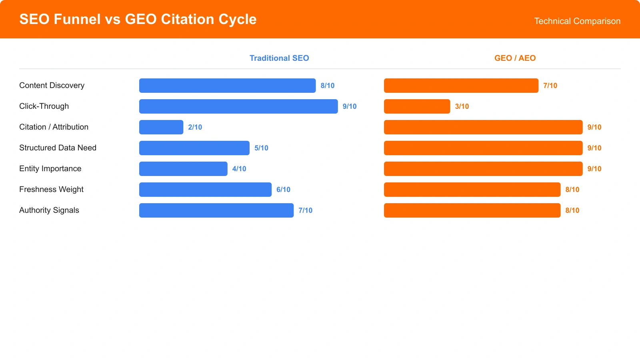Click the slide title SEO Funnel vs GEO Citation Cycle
[x=138, y=19]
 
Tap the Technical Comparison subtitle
[x=577, y=21]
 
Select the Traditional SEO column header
[x=279, y=58]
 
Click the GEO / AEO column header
[x=515, y=58]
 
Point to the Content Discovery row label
[x=52, y=85]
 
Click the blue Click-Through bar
[x=238, y=106]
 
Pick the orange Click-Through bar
[x=417, y=106]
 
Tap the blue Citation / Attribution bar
[x=161, y=127]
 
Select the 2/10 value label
[x=195, y=127]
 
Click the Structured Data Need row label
[x=58, y=148]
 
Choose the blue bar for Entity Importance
[x=183, y=169]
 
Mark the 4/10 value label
[x=239, y=169]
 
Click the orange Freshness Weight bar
[x=472, y=190]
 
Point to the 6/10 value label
[x=283, y=190]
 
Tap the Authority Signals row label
[x=49, y=210]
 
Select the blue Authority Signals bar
[x=216, y=210]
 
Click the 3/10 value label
[x=462, y=106]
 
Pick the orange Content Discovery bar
[x=461, y=86]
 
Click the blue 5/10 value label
[x=261, y=148]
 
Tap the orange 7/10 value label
[x=550, y=86]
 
